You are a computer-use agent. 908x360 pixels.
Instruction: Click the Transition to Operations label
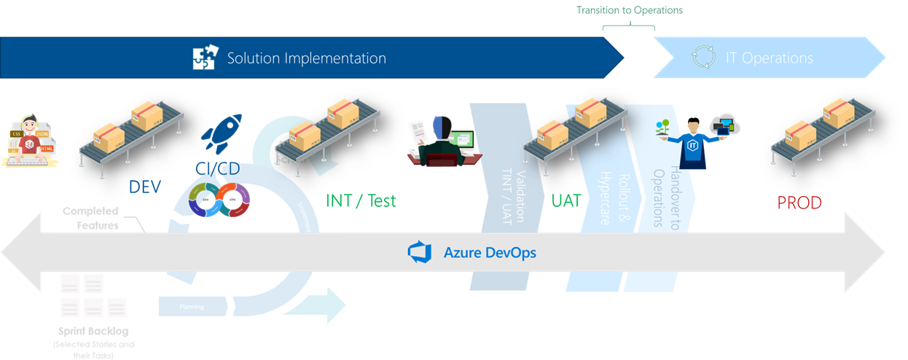coord(629,10)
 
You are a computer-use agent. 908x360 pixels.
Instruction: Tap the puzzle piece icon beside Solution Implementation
coord(206,58)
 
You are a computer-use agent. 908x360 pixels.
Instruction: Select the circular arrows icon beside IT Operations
coord(703,58)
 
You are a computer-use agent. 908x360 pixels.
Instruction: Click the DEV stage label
coord(144,187)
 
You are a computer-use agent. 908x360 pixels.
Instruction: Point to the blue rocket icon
coord(222,133)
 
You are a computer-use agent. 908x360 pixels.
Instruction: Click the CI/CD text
coord(217,168)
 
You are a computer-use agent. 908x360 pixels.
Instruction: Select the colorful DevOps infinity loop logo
coord(219,200)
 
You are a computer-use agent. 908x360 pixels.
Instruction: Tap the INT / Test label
coord(361,200)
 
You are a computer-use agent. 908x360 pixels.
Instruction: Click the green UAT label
coord(565,200)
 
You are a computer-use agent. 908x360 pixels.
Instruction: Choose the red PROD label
coord(799,203)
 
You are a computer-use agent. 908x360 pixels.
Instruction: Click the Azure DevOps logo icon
coord(419,252)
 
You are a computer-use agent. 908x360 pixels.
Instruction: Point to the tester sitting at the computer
coord(445,141)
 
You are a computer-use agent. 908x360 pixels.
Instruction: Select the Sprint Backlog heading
coord(93,332)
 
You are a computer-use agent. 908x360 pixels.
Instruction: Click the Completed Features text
coord(91,218)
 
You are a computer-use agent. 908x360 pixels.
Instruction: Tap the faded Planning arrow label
coord(192,307)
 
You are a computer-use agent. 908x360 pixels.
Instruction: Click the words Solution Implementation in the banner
coord(306,58)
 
